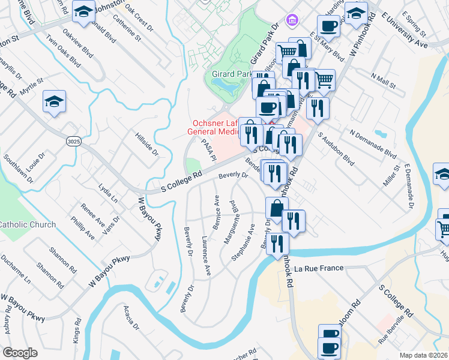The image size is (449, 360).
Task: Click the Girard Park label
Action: (x=232, y=74)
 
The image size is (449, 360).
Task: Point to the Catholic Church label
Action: (x=28, y=224)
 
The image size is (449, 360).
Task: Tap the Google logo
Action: (x=20, y=352)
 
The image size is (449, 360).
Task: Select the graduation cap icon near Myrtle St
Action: (x=54, y=103)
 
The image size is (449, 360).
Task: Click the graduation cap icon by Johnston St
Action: (x=83, y=11)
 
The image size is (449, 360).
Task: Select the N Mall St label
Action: (x=384, y=81)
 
